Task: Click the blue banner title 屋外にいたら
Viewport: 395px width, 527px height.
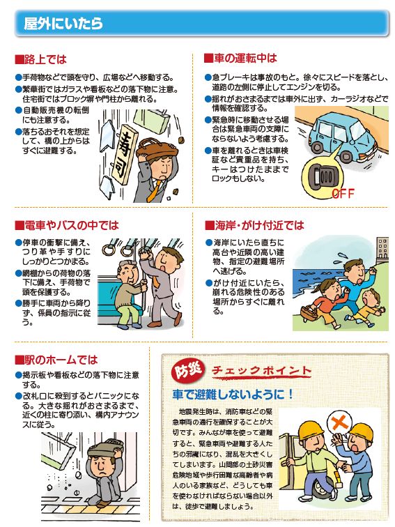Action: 63,24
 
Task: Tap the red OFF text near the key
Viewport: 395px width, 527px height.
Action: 343,194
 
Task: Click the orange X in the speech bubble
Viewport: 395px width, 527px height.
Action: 339,422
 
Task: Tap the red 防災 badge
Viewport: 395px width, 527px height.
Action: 187,370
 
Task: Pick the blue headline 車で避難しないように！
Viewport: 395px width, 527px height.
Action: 233,395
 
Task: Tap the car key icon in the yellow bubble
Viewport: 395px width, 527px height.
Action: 323,175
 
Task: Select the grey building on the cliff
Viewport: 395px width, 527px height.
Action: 382,249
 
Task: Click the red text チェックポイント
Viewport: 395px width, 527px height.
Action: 262,371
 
